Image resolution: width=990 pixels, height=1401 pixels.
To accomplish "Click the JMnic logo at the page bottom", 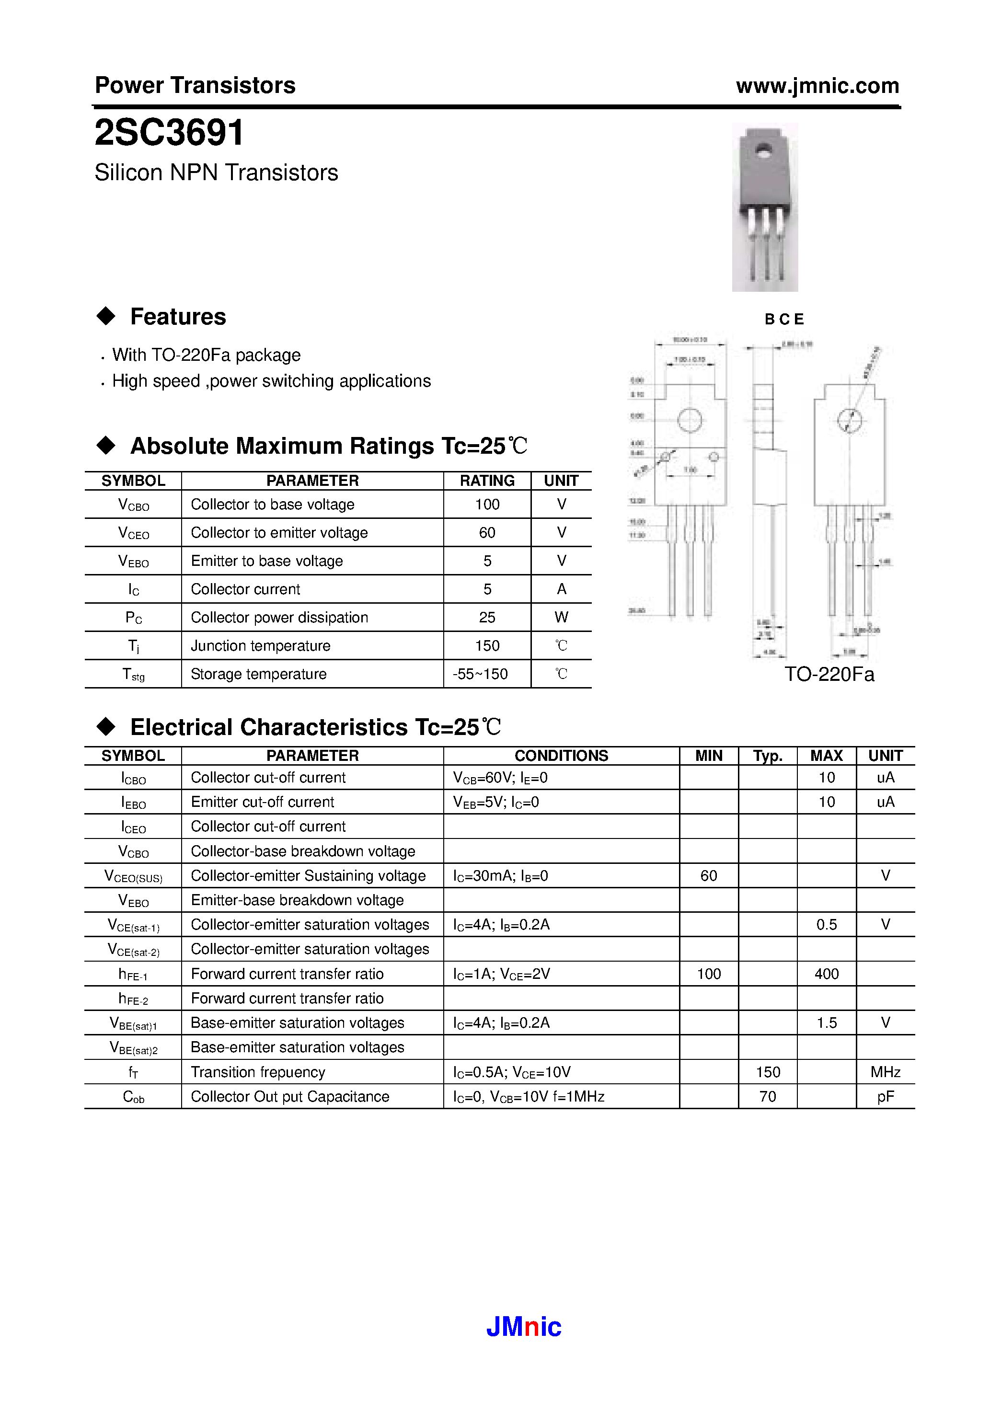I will click(523, 1327).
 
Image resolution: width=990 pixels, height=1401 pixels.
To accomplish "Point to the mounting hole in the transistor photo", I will click(763, 149).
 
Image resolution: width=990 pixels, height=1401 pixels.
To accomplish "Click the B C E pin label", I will click(784, 319).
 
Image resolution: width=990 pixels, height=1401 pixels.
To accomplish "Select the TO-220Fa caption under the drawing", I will click(829, 674).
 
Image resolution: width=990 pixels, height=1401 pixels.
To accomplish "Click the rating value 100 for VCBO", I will click(487, 505).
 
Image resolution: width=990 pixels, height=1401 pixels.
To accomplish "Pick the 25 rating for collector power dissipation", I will click(487, 618).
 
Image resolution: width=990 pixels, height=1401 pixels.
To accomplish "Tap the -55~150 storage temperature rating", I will click(480, 674).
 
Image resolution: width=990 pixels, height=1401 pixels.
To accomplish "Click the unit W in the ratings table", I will click(561, 618).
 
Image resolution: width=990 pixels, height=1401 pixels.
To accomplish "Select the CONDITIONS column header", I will click(561, 756).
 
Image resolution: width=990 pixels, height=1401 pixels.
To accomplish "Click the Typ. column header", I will click(767, 756).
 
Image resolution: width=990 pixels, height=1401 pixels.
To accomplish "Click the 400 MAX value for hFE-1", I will click(827, 974).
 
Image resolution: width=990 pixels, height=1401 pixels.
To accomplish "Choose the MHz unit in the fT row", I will click(885, 1072).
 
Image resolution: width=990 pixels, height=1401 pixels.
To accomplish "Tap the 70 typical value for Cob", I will click(767, 1097).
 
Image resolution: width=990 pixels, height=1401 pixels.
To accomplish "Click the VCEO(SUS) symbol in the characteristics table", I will click(133, 877).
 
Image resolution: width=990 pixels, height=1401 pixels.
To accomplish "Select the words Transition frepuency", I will click(258, 1072).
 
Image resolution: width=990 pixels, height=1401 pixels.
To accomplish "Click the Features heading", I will click(178, 317).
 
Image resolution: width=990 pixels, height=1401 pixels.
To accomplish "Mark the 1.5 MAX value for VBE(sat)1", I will click(827, 1022).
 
